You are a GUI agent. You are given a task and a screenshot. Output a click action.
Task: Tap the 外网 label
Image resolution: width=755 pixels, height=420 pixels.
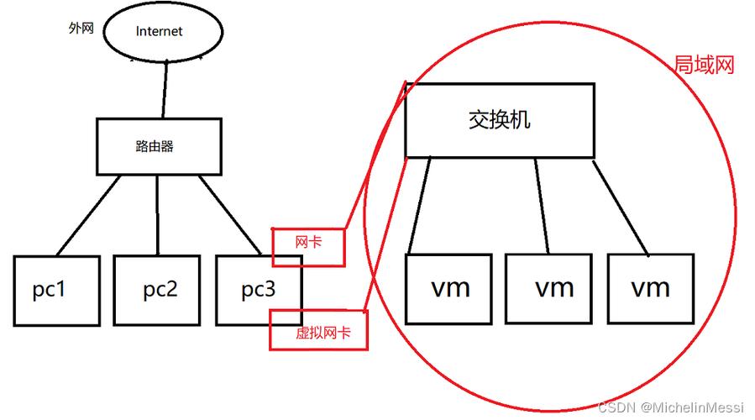81,28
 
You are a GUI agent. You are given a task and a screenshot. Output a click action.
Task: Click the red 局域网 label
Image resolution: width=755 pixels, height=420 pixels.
704,65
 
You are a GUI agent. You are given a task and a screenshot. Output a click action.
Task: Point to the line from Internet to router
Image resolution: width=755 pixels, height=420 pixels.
165,89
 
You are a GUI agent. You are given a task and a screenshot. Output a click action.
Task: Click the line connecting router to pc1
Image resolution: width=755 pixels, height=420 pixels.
88,215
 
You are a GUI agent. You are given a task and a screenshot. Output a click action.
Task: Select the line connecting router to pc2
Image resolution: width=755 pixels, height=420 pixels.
157,215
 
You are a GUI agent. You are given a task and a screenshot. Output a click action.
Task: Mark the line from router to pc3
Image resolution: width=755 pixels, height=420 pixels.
229,215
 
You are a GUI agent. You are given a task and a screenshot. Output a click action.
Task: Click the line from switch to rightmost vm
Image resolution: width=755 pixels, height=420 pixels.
621,208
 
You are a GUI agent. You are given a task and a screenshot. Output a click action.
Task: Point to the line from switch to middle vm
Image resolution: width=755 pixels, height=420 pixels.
542,206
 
